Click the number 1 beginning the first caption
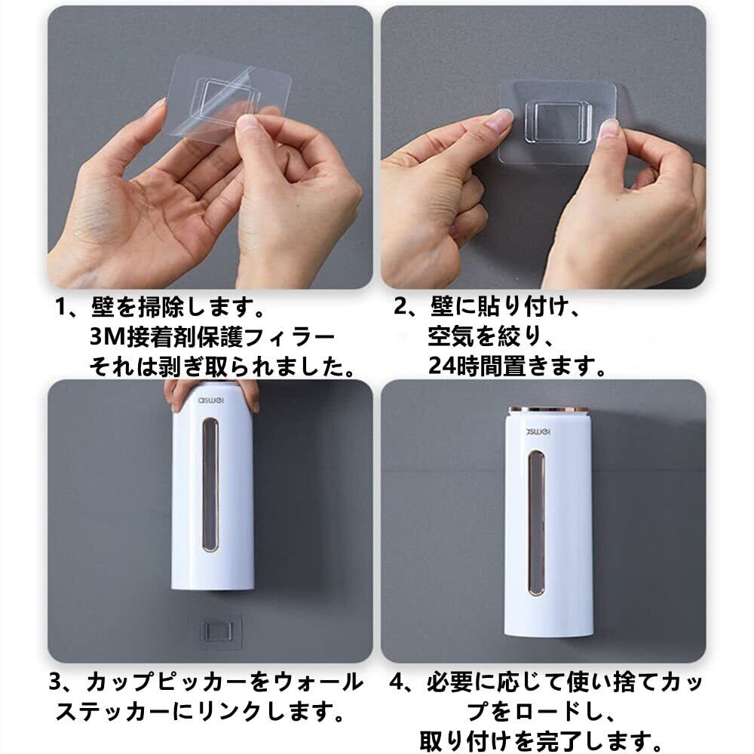coord(61,308)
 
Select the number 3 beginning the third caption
coord(56,682)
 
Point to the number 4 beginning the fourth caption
coord(397,682)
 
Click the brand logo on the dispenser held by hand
coord(212,400)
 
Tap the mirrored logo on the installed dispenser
coord(538,432)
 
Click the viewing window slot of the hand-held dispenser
coord(210,484)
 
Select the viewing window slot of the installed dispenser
coord(537,523)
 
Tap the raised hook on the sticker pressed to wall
coord(559,121)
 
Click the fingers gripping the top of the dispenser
coord(212,391)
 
